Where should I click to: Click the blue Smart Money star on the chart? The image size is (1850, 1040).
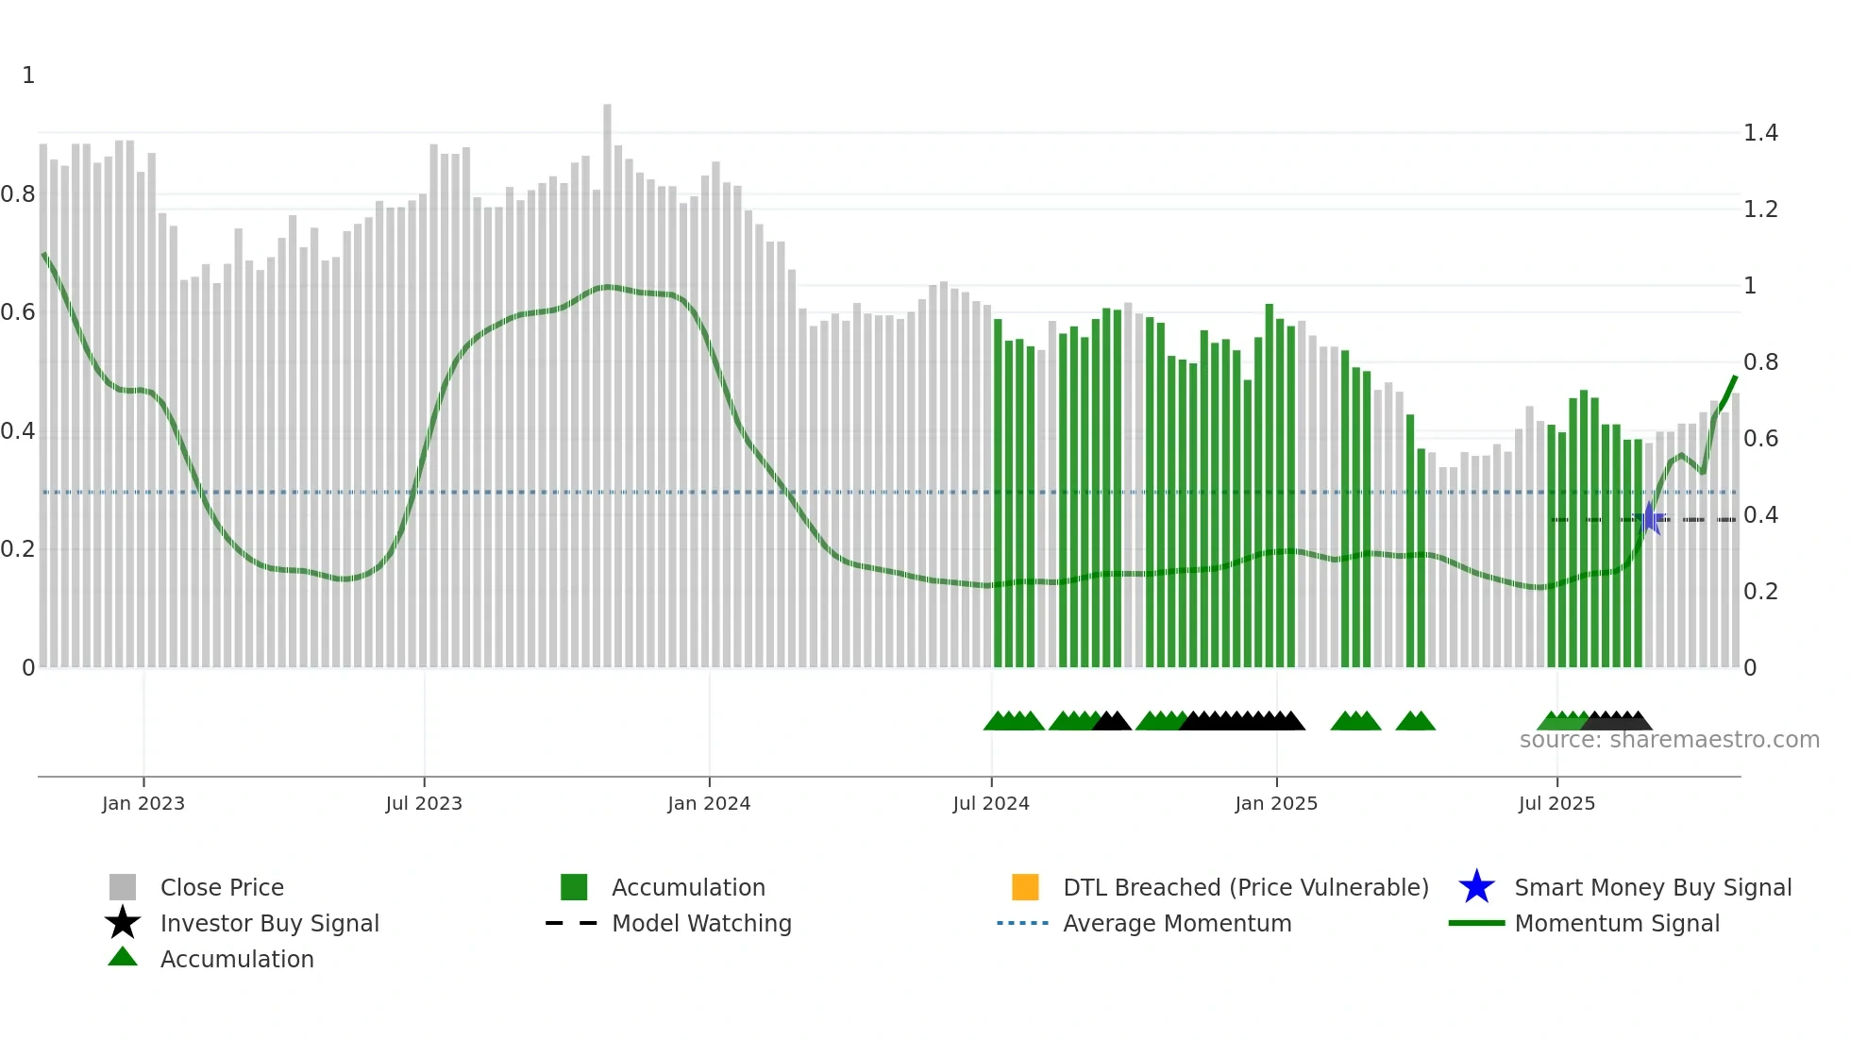point(1650,518)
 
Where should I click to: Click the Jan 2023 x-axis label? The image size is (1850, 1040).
point(143,803)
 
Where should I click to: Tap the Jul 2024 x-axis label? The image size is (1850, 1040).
point(991,803)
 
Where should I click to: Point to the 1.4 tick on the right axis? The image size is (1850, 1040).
point(1760,133)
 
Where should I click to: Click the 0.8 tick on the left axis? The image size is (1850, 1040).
point(18,194)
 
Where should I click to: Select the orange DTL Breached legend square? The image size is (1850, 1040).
point(1025,887)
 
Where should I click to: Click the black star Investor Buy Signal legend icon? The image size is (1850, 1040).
point(123,923)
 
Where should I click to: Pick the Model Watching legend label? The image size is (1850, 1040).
point(701,923)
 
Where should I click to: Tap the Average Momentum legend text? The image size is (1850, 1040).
point(1177,923)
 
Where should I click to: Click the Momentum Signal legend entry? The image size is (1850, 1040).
point(1617,923)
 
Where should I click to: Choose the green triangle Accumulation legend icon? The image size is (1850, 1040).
point(123,957)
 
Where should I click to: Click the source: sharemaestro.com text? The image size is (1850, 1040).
point(1669,740)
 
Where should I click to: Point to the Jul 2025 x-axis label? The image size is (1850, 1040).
point(1556,803)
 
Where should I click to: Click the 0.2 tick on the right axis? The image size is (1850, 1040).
point(1760,592)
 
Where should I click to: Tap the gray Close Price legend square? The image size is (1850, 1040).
point(123,887)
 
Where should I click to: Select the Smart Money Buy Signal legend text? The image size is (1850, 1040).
point(1653,887)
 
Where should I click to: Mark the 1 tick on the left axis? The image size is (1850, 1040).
point(28,75)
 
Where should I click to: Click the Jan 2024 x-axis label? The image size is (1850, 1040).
point(709,803)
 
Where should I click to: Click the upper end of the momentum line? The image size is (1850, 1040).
point(1735,377)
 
